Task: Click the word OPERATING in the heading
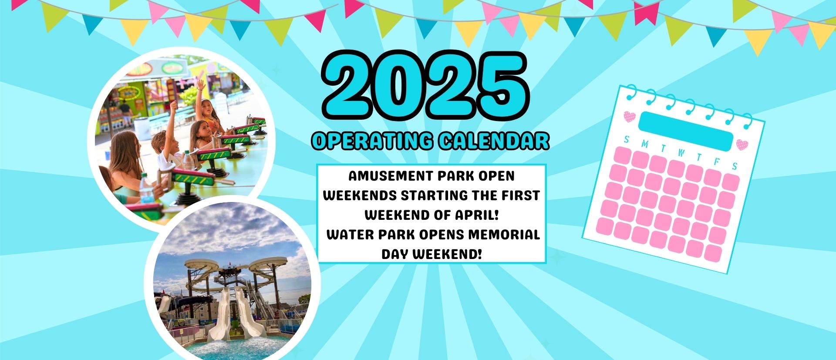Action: click(x=372, y=141)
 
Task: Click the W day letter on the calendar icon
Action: click(x=681, y=153)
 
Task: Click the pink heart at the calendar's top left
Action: click(x=630, y=117)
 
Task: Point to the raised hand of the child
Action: click(x=200, y=84)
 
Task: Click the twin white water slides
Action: click(x=230, y=313)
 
